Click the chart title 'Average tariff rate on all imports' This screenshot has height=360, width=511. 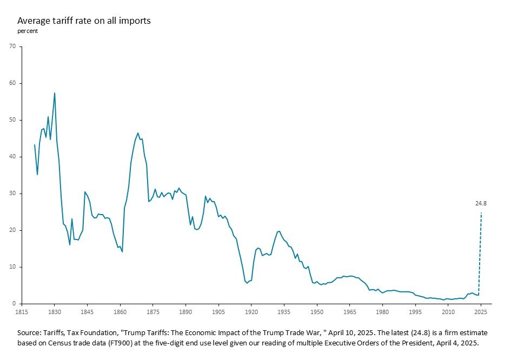[83, 21]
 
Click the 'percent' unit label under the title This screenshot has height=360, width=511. [27, 31]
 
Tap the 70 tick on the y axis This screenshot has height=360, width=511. [12, 46]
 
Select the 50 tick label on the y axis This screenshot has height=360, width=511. [12, 120]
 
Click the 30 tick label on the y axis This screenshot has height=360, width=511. [12, 194]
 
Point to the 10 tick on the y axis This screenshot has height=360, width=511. [12, 267]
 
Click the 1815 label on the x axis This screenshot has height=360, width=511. [21, 312]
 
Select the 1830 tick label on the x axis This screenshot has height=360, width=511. [54, 312]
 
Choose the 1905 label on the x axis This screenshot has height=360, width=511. [218, 312]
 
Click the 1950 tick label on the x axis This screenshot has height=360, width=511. [317, 312]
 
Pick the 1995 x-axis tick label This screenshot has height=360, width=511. [415, 312]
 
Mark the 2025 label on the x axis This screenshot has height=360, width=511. [481, 312]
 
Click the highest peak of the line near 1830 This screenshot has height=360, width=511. [55, 93]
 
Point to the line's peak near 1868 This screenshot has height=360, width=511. [138, 133]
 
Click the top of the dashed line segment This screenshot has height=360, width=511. [481, 213]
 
